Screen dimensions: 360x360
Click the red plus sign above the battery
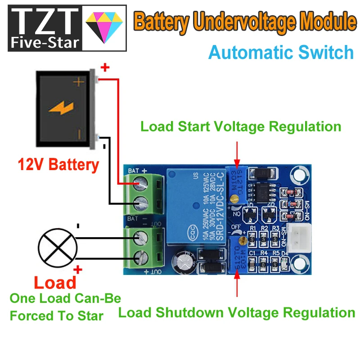coord(104,68)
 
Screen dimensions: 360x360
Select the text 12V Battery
coord(58,165)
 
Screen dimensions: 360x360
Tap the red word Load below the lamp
coord(55,282)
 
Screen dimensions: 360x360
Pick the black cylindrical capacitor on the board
coord(185,262)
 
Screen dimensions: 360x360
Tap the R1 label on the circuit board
coord(252,229)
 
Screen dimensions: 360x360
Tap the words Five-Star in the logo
coord(45,43)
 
